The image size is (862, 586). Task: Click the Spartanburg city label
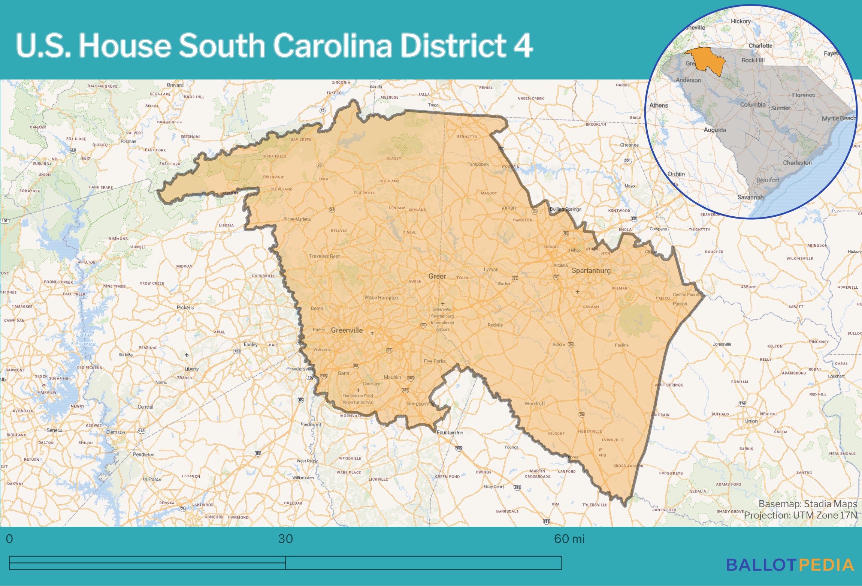click(591, 270)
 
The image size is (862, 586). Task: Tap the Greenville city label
click(347, 330)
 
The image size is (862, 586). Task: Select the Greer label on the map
click(437, 276)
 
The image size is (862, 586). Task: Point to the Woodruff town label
click(535, 403)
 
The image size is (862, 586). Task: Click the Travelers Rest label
click(324, 256)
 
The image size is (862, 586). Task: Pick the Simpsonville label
click(421, 404)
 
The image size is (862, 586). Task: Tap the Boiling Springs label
click(566, 209)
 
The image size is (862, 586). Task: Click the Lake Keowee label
click(83, 339)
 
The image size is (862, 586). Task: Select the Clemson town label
click(115, 432)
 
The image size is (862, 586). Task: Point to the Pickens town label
click(185, 307)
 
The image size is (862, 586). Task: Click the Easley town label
click(251, 344)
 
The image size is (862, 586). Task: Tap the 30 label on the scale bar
click(285, 539)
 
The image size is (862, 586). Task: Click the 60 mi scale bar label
click(569, 539)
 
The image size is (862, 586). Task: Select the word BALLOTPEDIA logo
click(790, 565)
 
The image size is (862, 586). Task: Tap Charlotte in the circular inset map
click(760, 46)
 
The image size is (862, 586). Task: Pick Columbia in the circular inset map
click(753, 105)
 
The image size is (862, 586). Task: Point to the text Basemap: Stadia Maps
click(808, 504)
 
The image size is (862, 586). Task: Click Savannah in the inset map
click(750, 197)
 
